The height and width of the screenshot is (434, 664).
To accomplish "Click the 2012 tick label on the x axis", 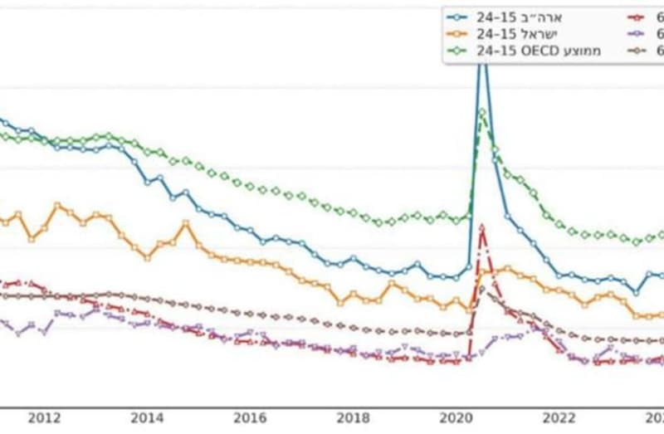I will [45, 418].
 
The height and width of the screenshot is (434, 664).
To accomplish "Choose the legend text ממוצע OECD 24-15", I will [539, 51].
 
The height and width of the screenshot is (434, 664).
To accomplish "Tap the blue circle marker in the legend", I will [456, 16].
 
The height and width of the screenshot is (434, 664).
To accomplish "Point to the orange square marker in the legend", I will [456, 33].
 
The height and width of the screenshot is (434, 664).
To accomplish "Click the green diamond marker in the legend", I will [456, 51].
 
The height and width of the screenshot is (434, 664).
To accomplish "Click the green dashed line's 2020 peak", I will [482, 112].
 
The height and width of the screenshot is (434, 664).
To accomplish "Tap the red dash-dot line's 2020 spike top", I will [482, 238].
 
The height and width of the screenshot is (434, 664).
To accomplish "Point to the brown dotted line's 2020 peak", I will [482, 289].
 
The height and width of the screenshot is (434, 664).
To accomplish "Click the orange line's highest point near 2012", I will [57, 204].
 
